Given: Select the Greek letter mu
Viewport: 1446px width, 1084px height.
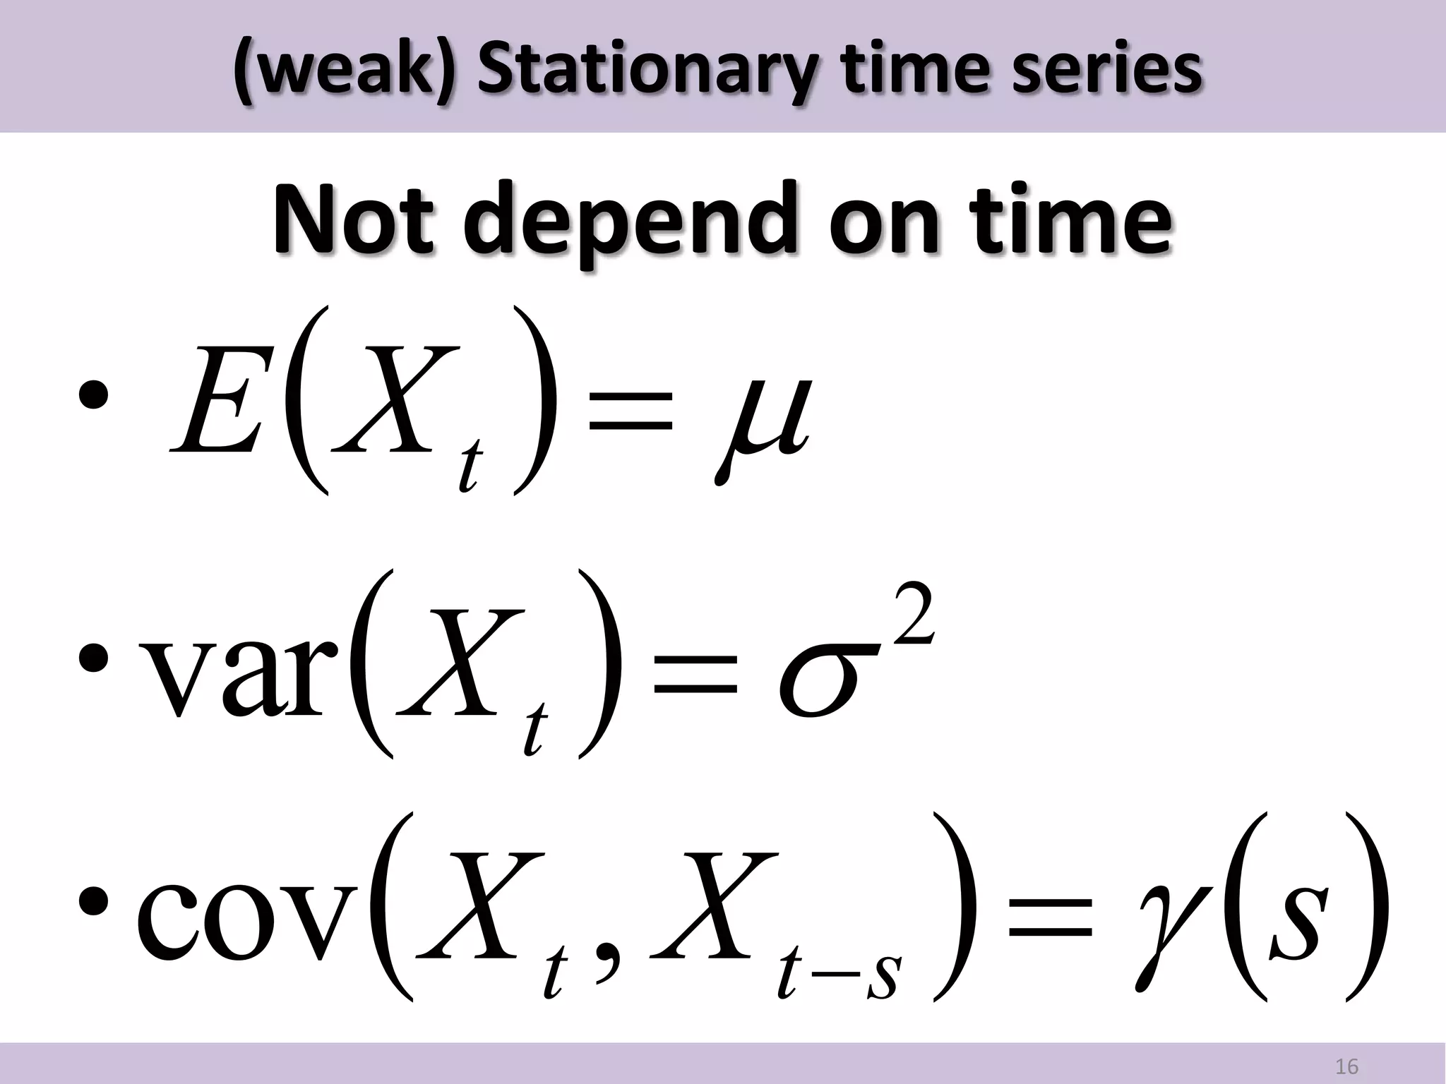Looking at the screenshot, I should coord(762,423).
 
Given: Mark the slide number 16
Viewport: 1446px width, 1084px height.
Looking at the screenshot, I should coord(1347,1066).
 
